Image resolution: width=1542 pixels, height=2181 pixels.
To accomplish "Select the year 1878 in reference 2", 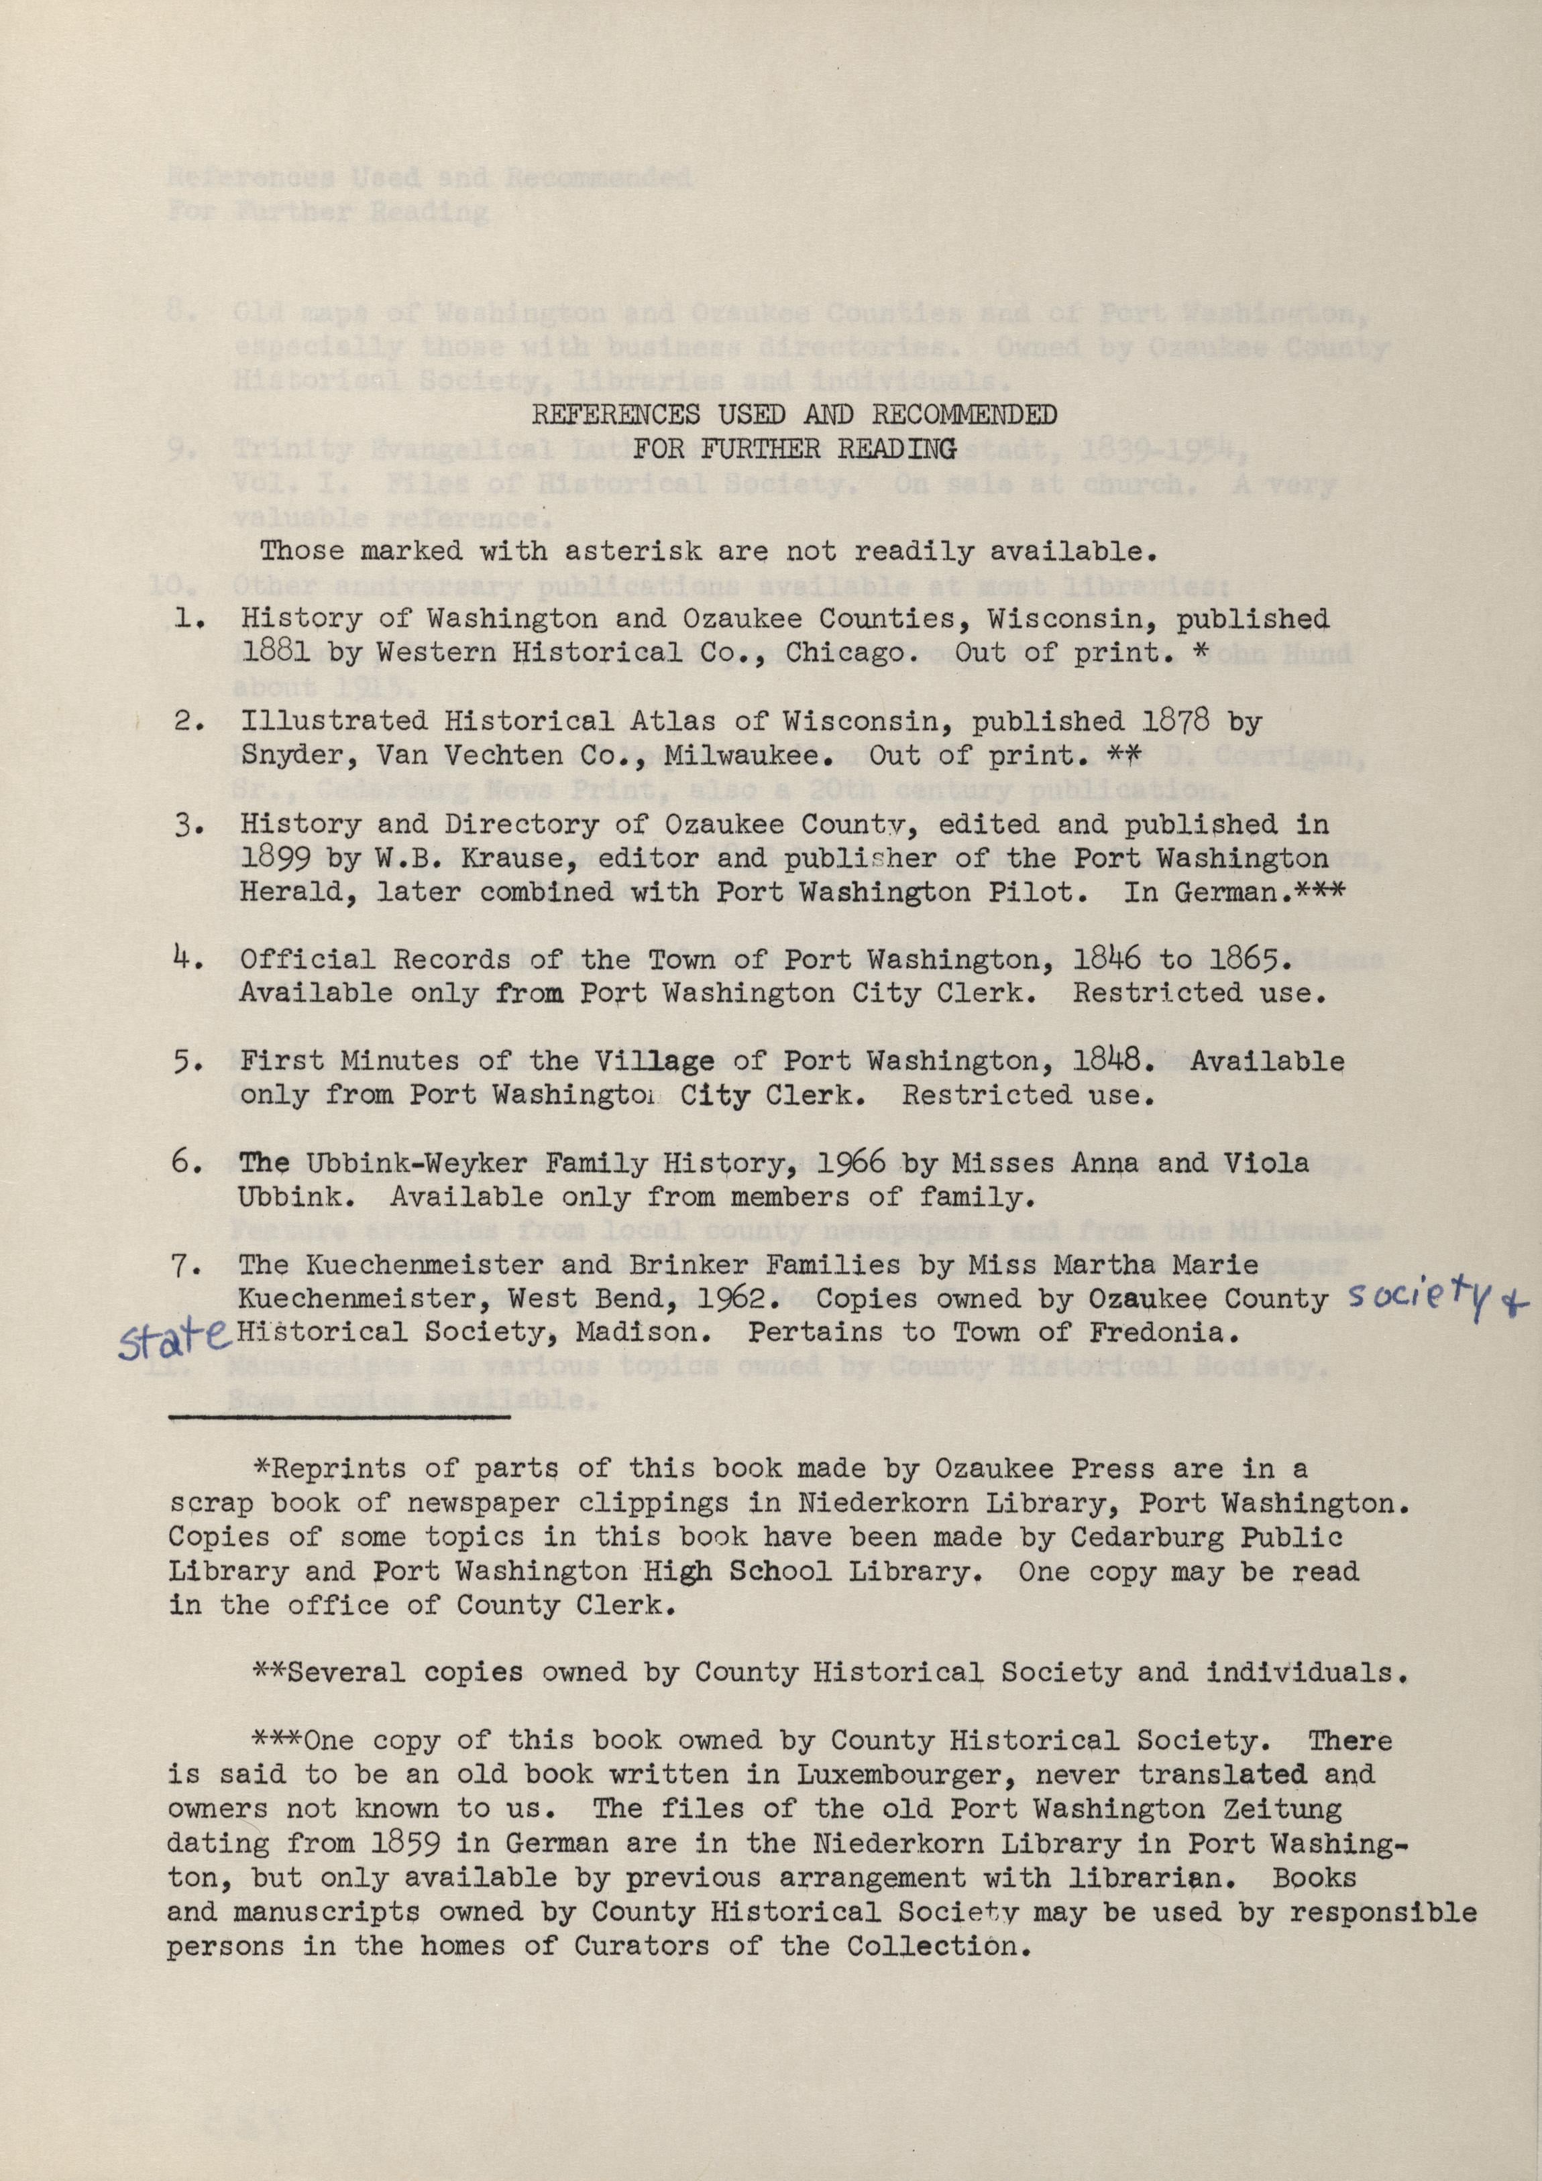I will (x=1178, y=723).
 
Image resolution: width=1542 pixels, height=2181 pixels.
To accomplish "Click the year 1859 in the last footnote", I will (x=390, y=1844).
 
